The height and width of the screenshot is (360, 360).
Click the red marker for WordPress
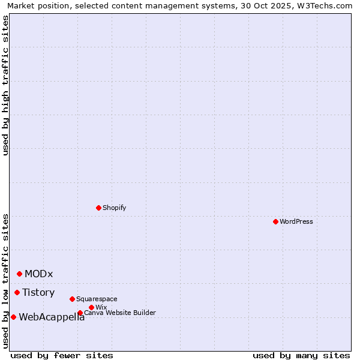(x=275, y=221)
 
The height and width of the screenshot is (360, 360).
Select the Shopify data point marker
(x=98, y=208)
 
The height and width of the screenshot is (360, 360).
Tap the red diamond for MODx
(x=19, y=274)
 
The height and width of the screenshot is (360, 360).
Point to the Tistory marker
(x=17, y=292)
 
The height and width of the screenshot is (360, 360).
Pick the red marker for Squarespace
(x=72, y=299)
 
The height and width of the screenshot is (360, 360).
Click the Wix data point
(x=91, y=307)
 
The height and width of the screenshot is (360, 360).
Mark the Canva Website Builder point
(x=80, y=313)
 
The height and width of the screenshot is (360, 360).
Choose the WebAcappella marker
(x=13, y=317)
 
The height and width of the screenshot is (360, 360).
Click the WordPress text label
(x=296, y=221)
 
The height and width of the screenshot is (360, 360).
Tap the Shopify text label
(x=115, y=208)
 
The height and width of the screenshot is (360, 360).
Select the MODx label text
(x=39, y=274)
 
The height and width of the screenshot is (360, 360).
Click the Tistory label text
(x=38, y=293)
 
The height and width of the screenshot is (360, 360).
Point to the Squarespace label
(x=97, y=299)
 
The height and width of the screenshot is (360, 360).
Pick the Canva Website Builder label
(x=120, y=313)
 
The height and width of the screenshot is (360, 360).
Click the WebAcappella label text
(x=52, y=317)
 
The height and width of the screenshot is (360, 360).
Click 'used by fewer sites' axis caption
(x=62, y=355)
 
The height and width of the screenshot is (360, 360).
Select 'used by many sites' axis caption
(x=301, y=355)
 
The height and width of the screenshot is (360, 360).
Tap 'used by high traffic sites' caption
(x=5, y=85)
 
